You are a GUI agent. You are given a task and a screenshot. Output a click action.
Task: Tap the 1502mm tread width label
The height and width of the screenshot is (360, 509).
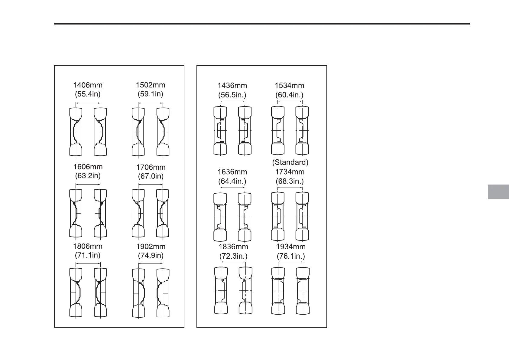click(151, 85)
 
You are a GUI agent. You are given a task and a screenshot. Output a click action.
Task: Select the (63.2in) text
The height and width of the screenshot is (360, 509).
click(88, 176)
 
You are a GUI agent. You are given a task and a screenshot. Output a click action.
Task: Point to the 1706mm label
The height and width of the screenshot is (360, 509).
click(151, 167)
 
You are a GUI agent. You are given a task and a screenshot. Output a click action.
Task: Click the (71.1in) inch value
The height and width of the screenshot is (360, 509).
click(88, 255)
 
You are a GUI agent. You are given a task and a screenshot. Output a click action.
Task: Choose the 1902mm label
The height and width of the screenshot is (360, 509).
click(151, 247)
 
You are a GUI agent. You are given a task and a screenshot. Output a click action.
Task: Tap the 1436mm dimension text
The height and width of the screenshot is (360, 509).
click(232, 86)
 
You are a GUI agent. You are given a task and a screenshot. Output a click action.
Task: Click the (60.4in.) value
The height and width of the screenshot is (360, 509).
click(289, 95)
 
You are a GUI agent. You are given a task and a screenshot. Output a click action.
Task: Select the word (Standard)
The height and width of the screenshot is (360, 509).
click(290, 162)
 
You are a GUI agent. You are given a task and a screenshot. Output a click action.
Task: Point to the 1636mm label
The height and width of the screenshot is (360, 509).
click(232, 172)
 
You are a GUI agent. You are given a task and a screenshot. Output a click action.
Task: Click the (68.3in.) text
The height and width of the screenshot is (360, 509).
click(290, 181)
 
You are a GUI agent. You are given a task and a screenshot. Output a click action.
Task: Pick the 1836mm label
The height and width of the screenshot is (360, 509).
click(233, 247)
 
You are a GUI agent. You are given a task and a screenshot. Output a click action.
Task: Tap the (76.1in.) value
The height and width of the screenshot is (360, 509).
click(291, 257)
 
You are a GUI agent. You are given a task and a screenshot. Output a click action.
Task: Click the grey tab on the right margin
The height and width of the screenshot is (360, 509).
click(498, 192)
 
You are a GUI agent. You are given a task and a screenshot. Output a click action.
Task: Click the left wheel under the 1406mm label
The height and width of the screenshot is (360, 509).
click(76, 132)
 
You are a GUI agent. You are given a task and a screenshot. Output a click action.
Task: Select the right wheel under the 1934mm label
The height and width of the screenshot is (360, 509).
click(303, 290)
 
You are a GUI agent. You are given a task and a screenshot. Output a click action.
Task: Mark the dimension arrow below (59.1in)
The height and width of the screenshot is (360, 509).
click(151, 103)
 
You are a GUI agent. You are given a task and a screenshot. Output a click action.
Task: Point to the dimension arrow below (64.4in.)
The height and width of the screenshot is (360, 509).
click(232, 188)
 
